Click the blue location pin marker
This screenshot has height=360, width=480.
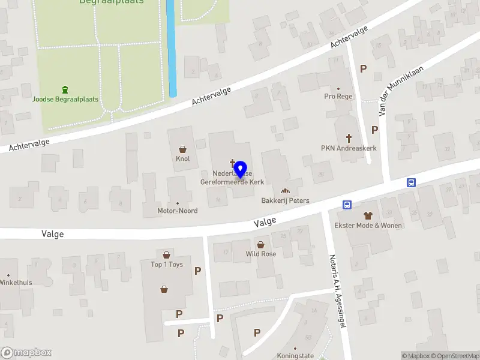tap(241, 170)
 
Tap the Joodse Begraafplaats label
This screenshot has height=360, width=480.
tap(65, 100)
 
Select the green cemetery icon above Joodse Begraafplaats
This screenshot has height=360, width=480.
tap(65, 89)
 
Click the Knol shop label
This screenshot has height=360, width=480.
tap(182, 159)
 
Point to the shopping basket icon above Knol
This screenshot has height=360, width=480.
tap(182, 149)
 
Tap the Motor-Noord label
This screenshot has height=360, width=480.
tap(177, 211)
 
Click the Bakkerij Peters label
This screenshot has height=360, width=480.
tap(285, 200)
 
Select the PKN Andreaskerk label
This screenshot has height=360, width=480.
tap(349, 148)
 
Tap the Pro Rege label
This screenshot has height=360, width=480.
tap(338, 97)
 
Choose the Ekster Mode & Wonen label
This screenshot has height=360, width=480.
tap(368, 226)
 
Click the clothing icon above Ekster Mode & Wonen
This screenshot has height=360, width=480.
tap(368, 215)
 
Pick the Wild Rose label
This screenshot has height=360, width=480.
tap(261, 254)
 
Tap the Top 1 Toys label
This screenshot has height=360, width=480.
tap(166, 265)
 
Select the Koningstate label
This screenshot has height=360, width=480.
tap(295, 356)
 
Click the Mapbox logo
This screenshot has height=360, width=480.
tap(26, 353)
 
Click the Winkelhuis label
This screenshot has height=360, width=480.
tap(16, 282)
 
